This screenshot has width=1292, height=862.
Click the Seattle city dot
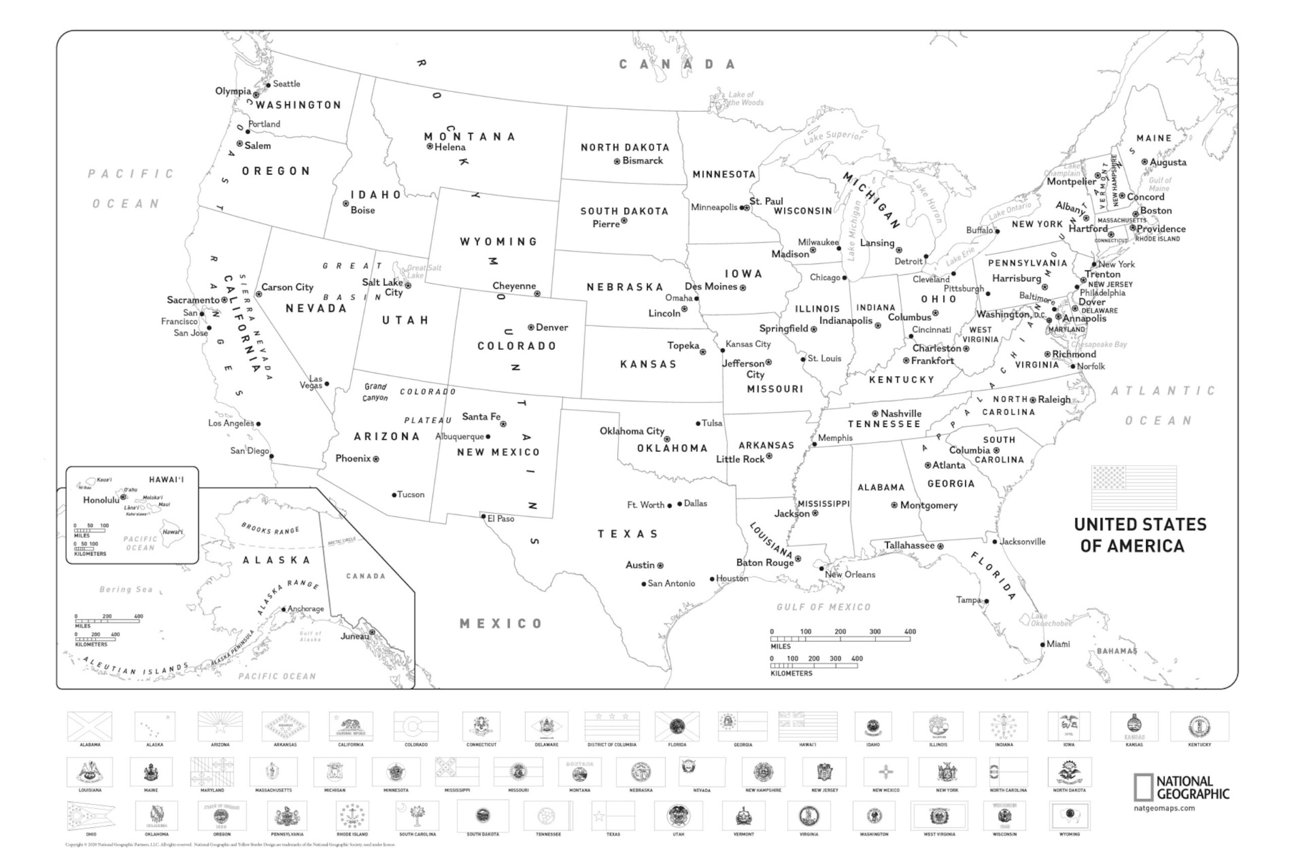268,85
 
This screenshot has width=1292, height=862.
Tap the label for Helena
450,147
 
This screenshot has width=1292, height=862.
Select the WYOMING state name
499,242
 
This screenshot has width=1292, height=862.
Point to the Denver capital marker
531,328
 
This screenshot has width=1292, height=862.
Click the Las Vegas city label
312,382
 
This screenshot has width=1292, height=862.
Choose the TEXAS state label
628,534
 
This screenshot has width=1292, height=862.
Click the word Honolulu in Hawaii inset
101,500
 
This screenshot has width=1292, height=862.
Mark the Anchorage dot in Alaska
284,609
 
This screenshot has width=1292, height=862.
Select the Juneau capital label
355,636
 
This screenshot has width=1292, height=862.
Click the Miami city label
1058,644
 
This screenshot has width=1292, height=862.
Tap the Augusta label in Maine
1168,163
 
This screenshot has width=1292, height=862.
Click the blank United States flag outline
1134,488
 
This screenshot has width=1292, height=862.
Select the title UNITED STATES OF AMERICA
1140,535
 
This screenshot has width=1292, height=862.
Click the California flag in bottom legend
351,727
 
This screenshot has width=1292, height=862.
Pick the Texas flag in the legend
613,817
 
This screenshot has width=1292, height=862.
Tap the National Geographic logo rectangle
1143,788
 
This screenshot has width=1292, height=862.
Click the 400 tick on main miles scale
910,638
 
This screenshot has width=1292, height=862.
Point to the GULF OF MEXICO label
824,607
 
